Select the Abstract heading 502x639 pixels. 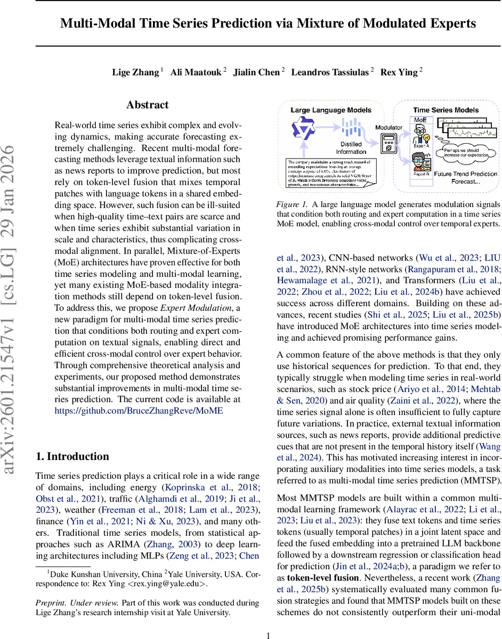point(148,105)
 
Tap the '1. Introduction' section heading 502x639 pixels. point(72,456)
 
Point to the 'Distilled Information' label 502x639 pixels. point(350,148)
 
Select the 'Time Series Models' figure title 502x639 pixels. point(446,110)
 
